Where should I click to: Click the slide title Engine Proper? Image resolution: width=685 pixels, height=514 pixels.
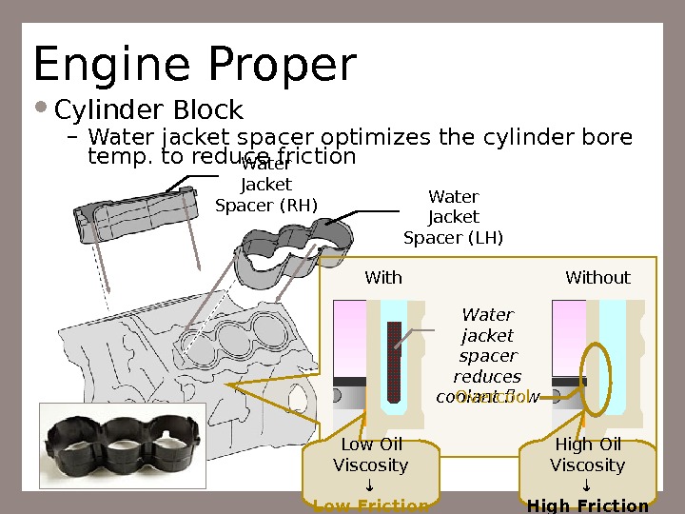pos(195,65)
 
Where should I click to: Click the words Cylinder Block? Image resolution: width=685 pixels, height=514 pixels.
pos(149,111)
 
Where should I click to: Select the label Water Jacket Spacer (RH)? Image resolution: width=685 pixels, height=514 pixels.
pos(266,185)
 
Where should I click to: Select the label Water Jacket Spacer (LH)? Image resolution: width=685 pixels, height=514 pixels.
pos(454,217)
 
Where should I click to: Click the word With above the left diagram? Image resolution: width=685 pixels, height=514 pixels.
pos(383,278)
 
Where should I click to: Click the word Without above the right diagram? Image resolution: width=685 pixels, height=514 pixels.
pos(597,278)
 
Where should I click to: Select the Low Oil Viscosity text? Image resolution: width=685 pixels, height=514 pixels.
pos(371,455)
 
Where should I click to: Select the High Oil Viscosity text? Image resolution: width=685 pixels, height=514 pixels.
pos(588,455)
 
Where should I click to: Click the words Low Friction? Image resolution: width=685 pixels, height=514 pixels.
pos(371,505)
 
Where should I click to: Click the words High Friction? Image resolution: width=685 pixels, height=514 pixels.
pos(588,505)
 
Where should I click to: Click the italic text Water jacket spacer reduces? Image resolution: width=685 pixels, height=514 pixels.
pos(487,345)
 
